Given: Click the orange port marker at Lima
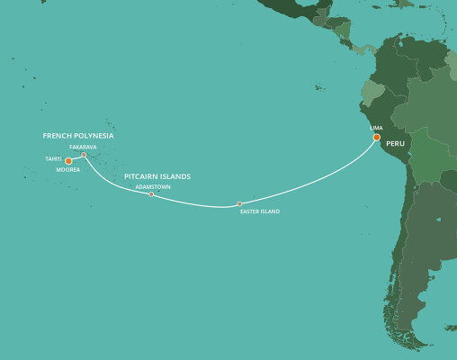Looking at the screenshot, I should click(377, 138).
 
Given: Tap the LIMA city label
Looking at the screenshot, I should click(376, 129).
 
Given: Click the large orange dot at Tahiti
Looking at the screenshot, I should click(68, 161).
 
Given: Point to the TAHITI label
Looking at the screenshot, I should click(53, 159).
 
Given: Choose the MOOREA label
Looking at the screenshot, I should click(68, 169).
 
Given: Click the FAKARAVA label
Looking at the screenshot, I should click(82, 147).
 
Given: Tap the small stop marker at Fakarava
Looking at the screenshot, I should click(84, 155).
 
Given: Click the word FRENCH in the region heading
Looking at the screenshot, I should click(57, 135).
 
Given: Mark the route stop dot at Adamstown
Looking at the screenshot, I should click(151, 194).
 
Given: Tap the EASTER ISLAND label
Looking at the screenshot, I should click(260, 211).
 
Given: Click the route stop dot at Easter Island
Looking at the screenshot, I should click(239, 204).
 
